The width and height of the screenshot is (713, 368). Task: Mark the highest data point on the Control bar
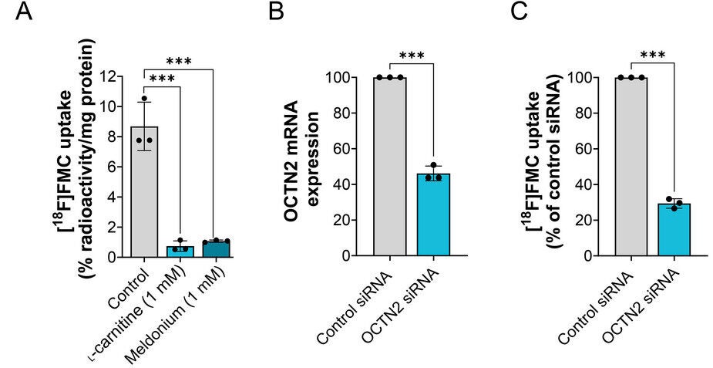(x=144, y=99)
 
